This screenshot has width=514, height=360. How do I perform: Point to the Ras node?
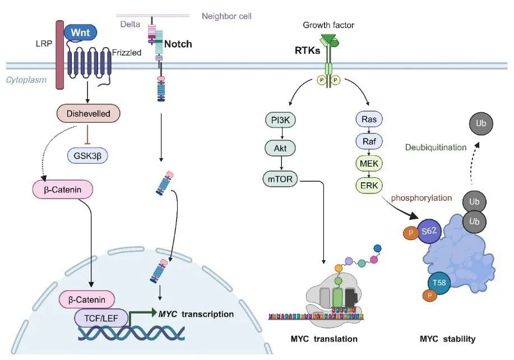(368, 119)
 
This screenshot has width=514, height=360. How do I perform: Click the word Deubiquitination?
(436, 147)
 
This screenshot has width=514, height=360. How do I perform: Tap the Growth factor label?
(328, 25)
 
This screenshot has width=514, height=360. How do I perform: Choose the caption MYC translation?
(324, 339)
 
